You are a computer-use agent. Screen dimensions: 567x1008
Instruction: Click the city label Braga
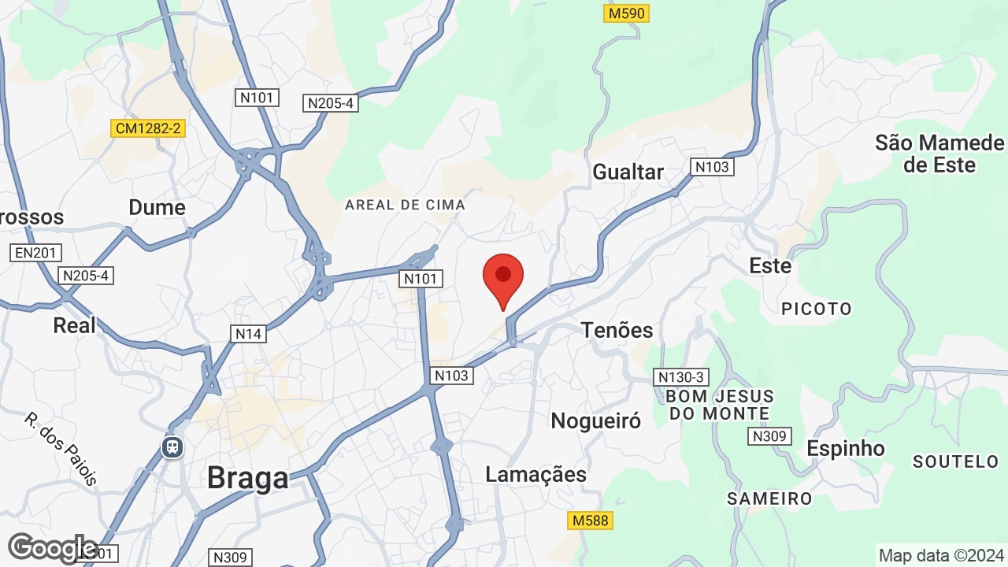pos(247,477)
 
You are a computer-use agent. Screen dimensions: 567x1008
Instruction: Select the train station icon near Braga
pos(172,447)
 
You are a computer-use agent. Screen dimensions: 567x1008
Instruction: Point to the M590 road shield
pos(627,13)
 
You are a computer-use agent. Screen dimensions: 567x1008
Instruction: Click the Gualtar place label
pos(628,172)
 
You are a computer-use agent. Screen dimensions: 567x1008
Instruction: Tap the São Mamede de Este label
pos(939,154)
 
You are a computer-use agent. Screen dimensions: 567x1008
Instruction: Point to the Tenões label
pos(617,330)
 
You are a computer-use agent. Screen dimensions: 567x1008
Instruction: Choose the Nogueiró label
pos(595,421)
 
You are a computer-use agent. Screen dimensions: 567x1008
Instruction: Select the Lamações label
pos(535,474)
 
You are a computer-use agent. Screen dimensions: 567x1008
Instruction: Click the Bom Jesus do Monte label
pos(719,405)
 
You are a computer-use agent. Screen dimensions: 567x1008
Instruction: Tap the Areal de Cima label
pos(405,205)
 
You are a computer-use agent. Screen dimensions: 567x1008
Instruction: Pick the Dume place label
pos(157,207)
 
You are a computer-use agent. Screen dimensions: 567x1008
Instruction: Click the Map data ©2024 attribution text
pos(941,555)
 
